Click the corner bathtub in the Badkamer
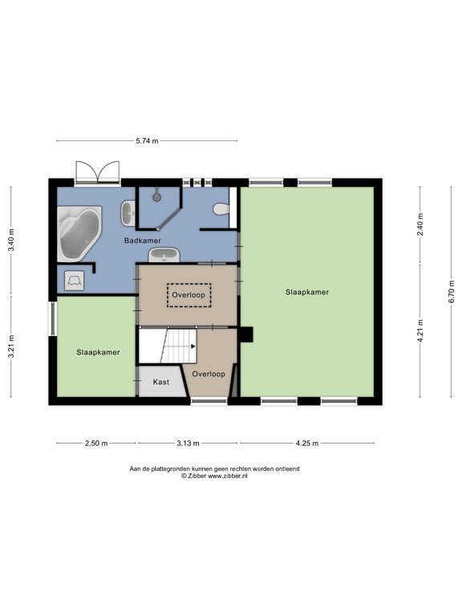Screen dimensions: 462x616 [x=79, y=233]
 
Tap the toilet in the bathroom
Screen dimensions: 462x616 [x=221, y=209]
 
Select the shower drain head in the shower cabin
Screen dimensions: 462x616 [x=157, y=197]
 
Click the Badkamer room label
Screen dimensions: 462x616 [x=143, y=241]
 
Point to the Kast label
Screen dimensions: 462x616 [x=161, y=382]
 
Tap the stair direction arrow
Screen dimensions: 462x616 [x=193, y=346]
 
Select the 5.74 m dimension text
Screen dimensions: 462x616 [x=148, y=140]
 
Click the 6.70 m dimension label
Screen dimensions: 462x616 [x=452, y=291]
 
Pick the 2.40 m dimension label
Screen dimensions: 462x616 [x=420, y=225]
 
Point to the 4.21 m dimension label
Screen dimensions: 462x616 [x=420, y=331]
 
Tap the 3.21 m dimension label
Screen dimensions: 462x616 [x=11, y=346]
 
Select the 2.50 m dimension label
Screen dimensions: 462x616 [x=96, y=444]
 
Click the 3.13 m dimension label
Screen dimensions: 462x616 [x=188, y=444]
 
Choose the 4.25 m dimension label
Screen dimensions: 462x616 [x=307, y=444]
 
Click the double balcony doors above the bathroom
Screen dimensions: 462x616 [x=98, y=172]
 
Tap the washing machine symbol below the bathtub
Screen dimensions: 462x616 [x=74, y=281]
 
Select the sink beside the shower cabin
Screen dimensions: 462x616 [x=128, y=213]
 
